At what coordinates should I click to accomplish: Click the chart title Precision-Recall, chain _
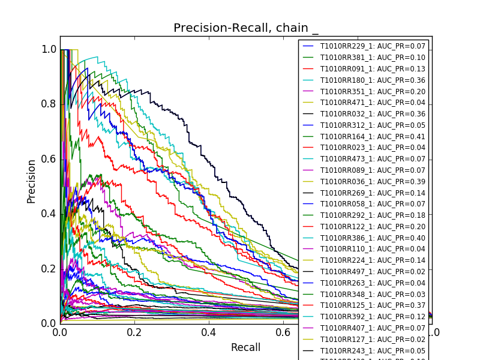[x=246, y=28]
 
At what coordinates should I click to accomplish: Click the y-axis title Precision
[x=31, y=181]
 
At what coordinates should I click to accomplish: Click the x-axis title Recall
[x=245, y=347]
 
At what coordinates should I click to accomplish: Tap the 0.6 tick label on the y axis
[x=49, y=159]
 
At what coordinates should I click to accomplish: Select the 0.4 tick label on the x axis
[x=208, y=332]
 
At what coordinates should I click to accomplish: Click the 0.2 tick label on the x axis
[x=134, y=332]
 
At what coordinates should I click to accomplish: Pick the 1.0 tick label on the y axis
[x=49, y=49]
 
